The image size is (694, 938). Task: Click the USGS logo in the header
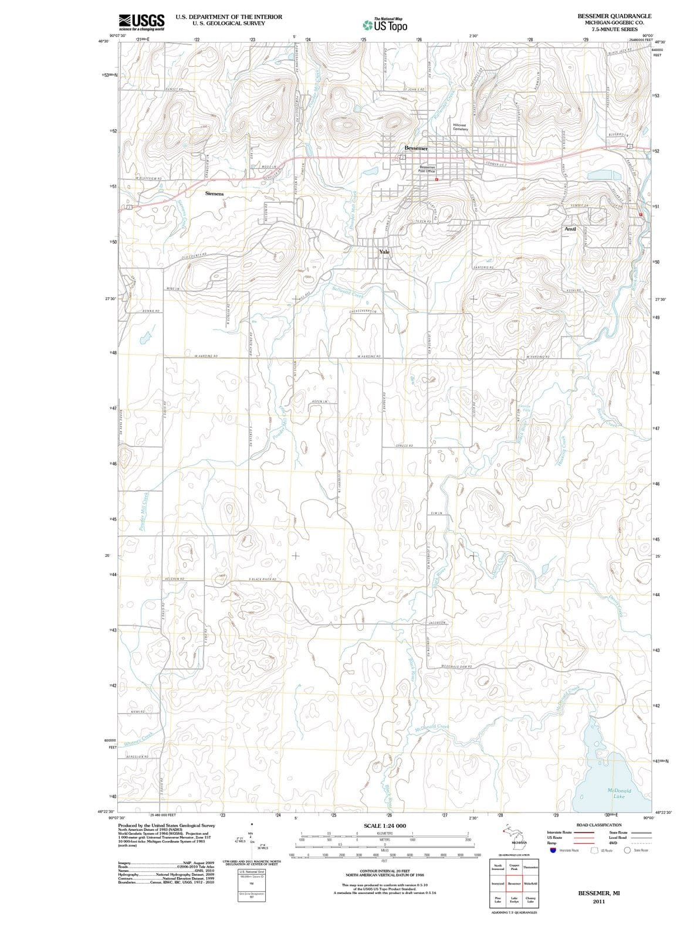141,22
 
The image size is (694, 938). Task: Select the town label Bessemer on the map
416,148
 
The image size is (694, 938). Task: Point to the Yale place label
384,252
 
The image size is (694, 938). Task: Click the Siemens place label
214,193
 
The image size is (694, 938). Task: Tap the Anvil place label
570,229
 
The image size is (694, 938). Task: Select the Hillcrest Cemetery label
460,127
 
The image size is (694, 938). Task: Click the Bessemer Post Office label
427,169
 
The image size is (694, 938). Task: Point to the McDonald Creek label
431,728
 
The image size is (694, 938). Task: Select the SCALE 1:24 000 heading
385,825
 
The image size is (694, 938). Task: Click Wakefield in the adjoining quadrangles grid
530,883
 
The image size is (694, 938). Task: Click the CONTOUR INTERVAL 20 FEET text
385,872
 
